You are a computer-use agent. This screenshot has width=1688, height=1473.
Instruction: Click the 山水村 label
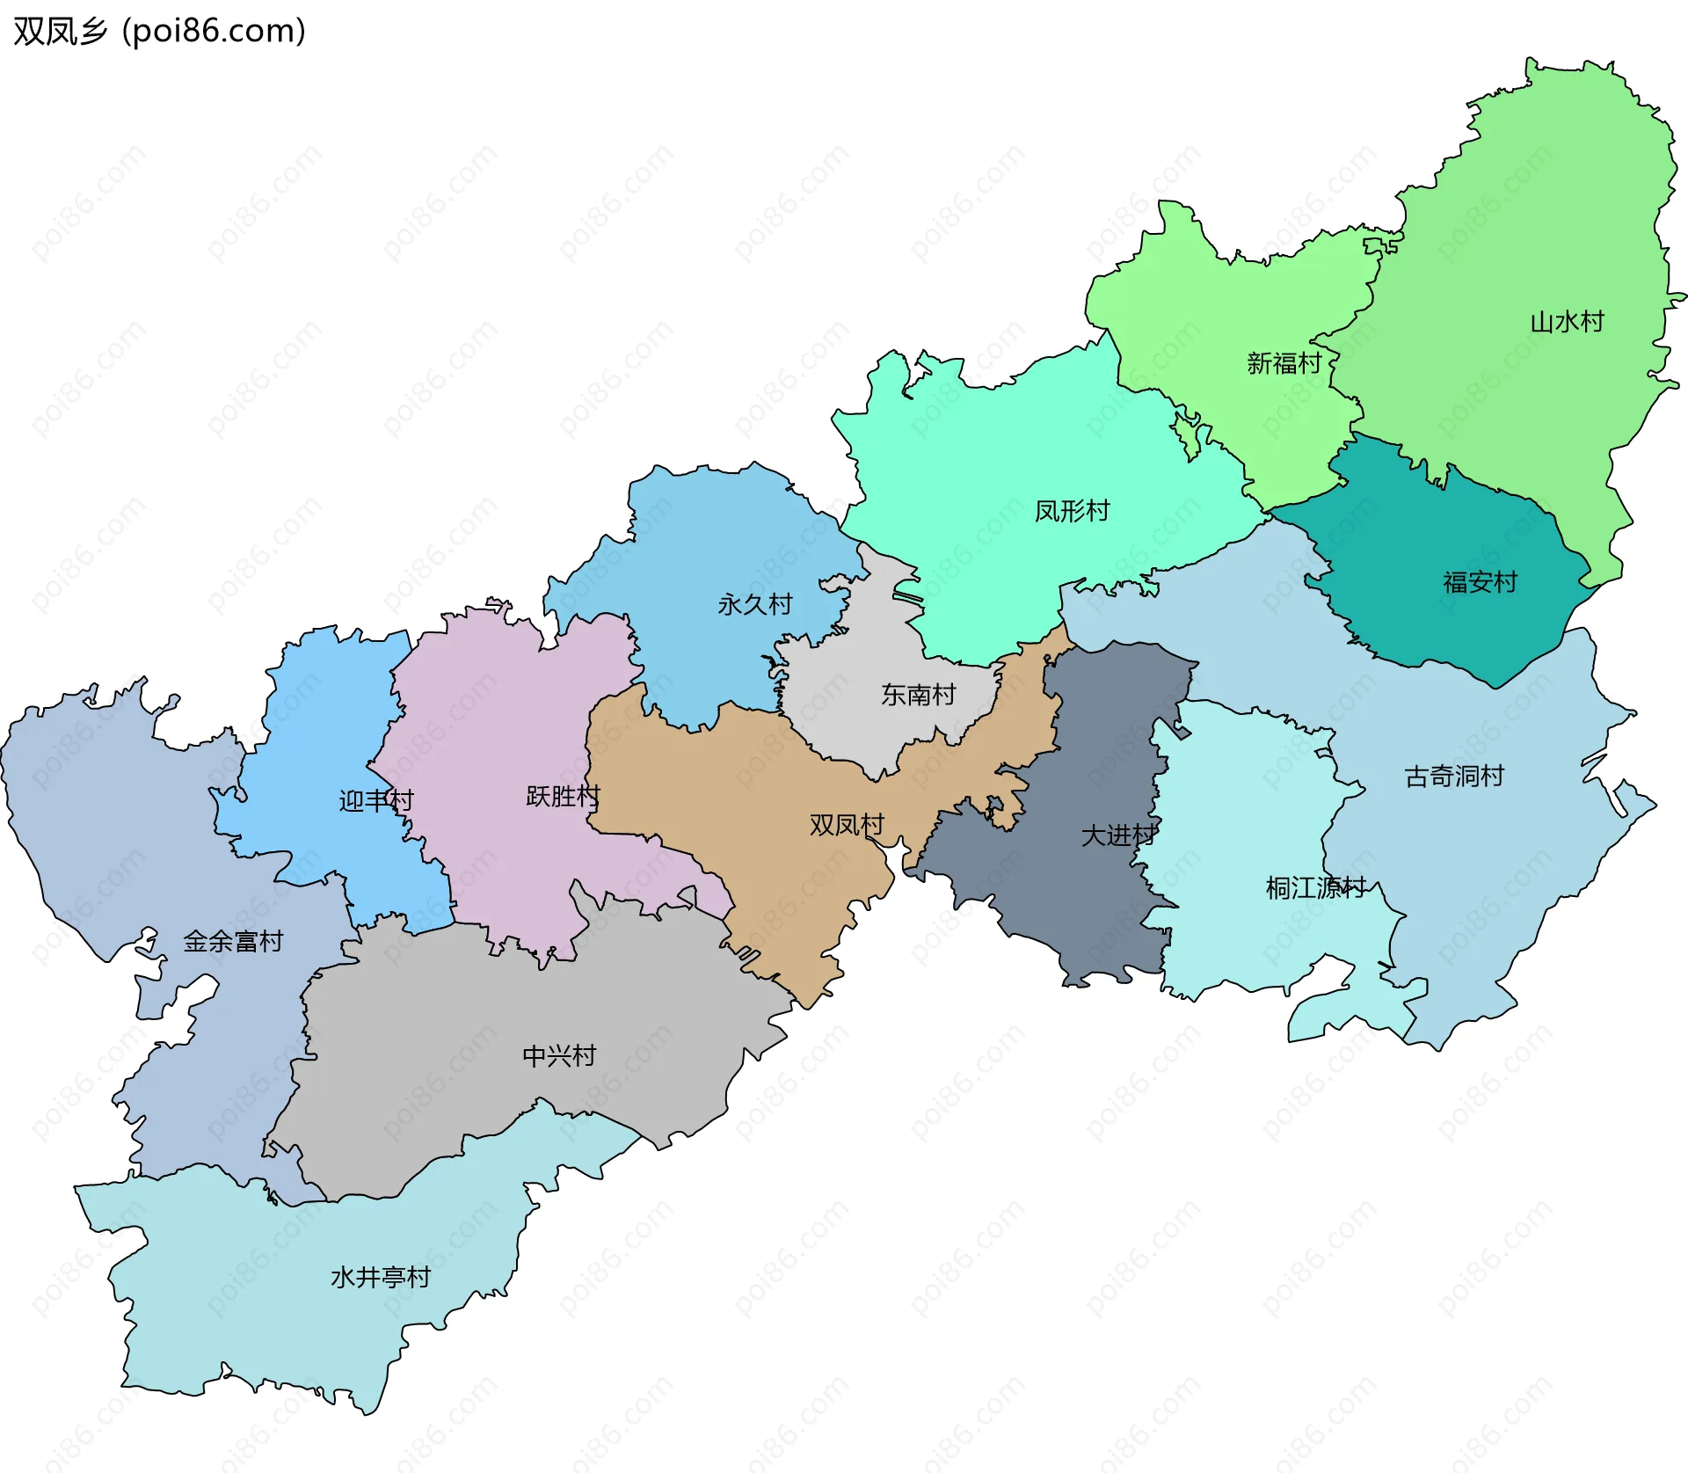coord(1567,322)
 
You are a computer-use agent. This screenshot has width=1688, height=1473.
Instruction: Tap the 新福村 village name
coord(1284,363)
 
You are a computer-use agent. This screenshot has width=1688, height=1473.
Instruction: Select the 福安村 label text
coord(1480,582)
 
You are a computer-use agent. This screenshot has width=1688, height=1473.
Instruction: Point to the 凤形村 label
coord(1072,511)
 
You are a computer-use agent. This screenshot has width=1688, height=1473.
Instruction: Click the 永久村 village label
coord(754,605)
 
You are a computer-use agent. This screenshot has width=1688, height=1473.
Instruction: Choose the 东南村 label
coord(918,696)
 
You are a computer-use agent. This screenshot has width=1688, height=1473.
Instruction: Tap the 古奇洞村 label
coord(1454,777)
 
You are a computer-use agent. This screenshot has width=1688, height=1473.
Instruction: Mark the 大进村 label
coord(1118,835)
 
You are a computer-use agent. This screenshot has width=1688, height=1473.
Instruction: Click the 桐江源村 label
coord(1315,888)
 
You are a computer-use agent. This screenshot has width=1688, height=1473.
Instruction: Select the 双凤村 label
coord(847,825)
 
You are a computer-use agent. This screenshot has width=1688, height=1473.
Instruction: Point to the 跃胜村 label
coord(563,797)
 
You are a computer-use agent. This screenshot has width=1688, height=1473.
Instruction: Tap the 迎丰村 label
coord(376,801)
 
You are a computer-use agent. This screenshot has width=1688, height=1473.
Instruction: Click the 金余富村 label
coord(233,942)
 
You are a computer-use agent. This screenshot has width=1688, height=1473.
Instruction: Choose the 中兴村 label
coord(559,1056)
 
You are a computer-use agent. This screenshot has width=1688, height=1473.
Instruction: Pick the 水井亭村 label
coord(381,1278)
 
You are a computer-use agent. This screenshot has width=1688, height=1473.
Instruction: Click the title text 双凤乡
coord(60,31)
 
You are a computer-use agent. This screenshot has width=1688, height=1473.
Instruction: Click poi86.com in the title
coord(214,31)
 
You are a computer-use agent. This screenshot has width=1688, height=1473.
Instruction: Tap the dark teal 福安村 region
coord(1442,624)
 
